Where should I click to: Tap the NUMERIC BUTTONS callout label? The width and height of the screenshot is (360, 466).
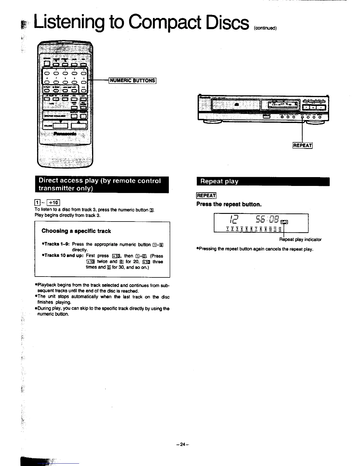(132, 80)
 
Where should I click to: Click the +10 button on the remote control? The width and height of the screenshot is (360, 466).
(83, 91)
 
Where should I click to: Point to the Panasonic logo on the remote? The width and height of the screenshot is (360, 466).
(65, 134)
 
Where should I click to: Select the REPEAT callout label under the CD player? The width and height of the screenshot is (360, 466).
(302, 145)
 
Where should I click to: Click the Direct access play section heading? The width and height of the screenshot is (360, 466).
(101, 184)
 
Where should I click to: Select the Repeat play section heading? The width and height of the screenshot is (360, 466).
(219, 181)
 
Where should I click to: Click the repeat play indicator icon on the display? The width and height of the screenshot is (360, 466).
(285, 222)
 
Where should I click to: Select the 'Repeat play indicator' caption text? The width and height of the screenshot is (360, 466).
(300, 239)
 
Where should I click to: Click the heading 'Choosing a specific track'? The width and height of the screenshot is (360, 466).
(76, 231)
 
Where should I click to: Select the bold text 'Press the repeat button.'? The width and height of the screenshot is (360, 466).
(229, 204)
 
